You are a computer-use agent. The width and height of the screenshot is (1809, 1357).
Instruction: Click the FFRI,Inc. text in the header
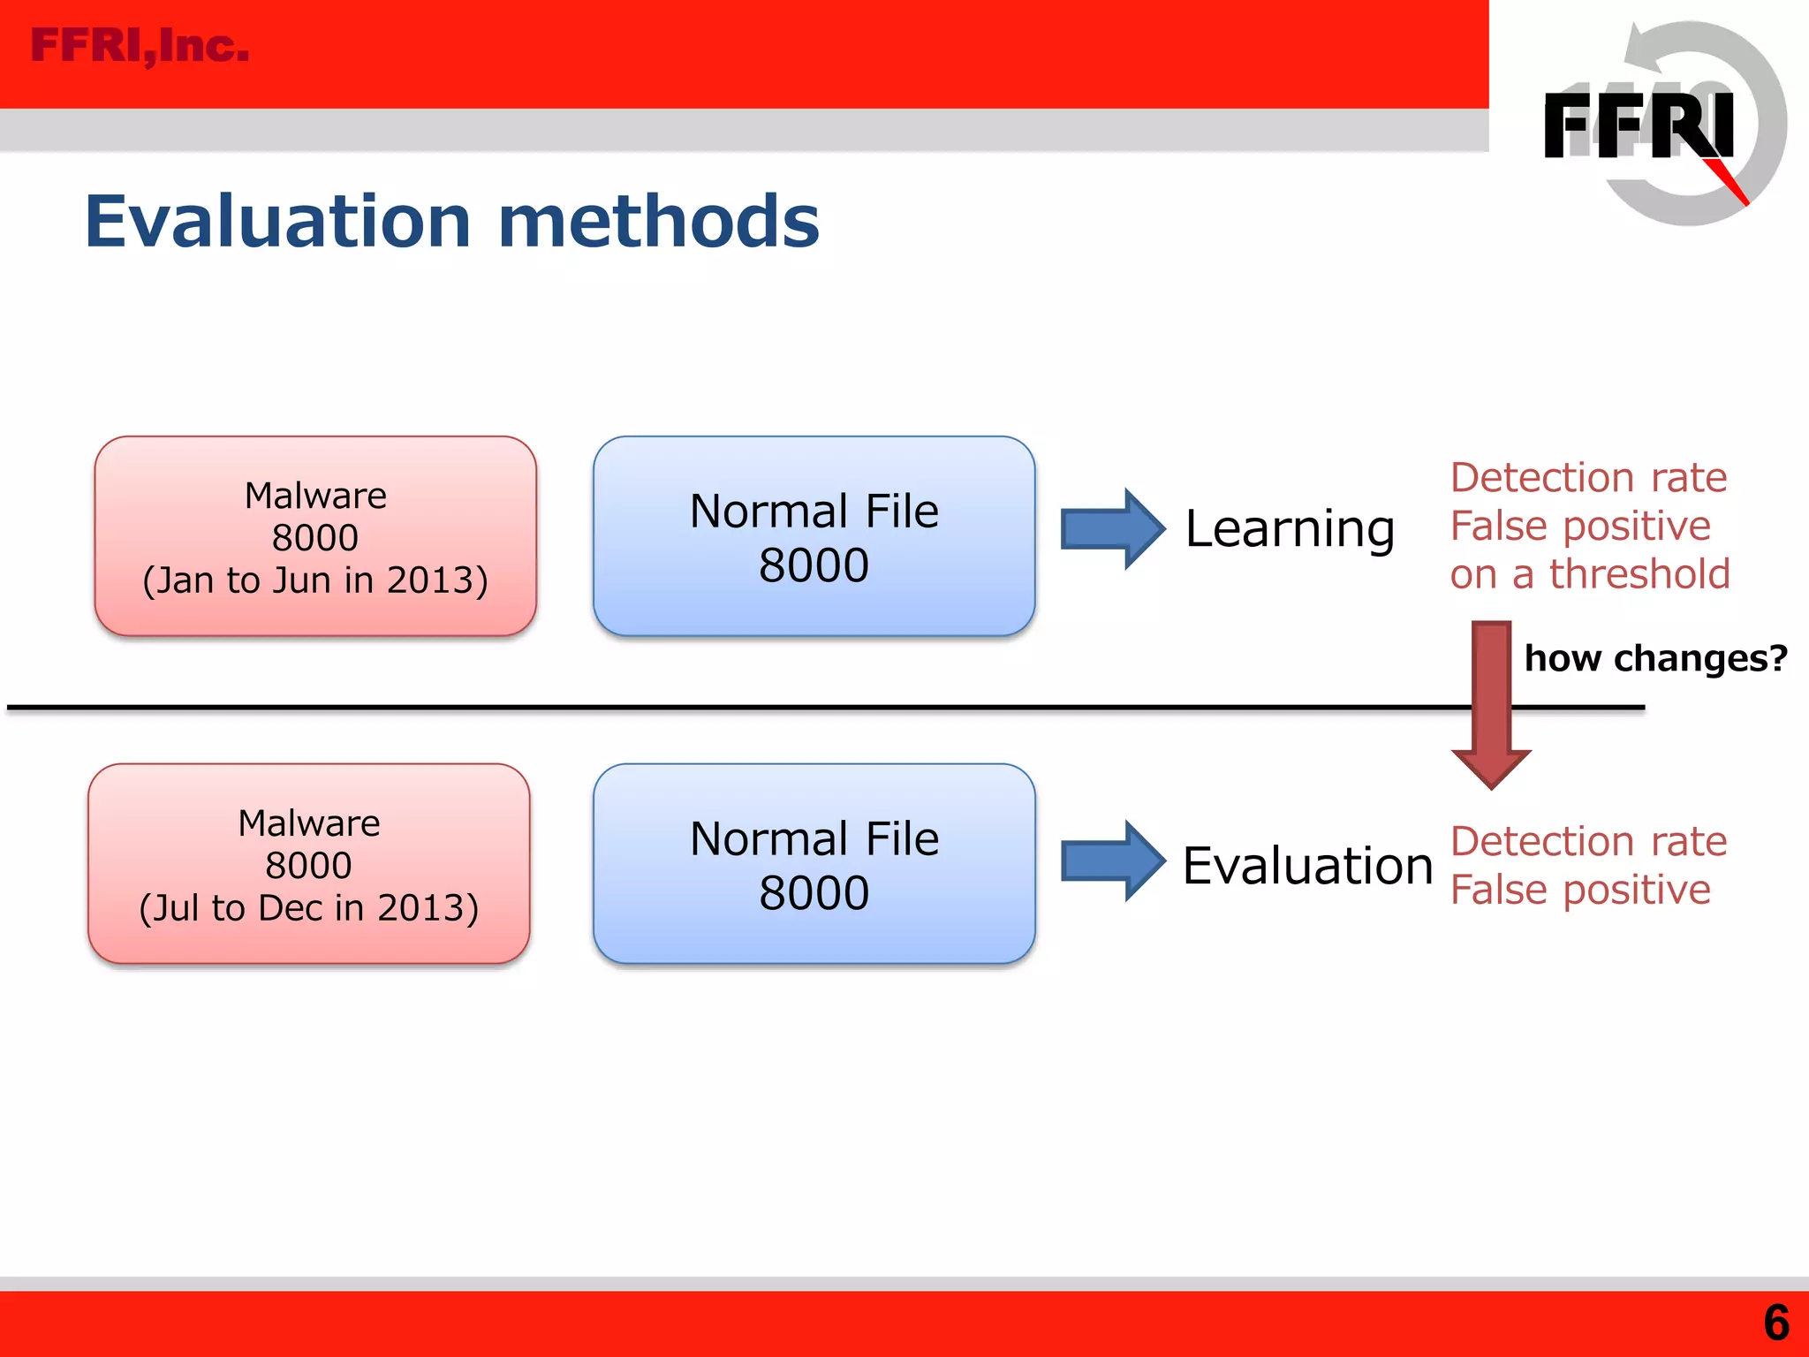click(140, 46)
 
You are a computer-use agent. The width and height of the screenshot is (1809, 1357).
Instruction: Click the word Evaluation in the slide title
click(277, 222)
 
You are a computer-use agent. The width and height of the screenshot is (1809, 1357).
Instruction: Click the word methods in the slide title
click(659, 222)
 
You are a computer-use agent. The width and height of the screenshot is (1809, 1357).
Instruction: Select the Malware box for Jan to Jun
click(315, 535)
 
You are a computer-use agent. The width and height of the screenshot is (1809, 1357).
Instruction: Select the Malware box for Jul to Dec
click(308, 863)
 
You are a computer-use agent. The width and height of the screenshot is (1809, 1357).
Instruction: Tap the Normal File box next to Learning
click(814, 535)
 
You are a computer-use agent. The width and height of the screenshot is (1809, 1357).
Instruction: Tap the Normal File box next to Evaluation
click(814, 863)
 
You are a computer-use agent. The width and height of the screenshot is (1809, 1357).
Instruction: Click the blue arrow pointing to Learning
click(1112, 528)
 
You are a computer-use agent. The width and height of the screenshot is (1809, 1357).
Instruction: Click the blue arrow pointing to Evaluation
click(1112, 860)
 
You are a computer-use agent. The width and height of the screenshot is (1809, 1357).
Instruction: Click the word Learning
click(1290, 529)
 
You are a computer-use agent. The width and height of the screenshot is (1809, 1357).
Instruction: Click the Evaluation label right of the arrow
click(1307, 865)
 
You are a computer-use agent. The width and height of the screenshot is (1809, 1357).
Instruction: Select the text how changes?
click(1655, 658)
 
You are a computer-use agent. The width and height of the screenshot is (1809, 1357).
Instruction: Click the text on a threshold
click(1589, 574)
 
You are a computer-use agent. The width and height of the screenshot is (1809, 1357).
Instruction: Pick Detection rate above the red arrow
click(1588, 478)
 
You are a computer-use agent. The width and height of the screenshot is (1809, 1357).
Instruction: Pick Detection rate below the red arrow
click(1588, 842)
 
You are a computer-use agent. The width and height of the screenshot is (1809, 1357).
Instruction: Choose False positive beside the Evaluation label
click(1580, 891)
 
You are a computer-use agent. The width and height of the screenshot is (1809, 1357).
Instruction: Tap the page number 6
click(1775, 1323)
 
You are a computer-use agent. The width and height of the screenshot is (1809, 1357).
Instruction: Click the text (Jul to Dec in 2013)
click(308, 908)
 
